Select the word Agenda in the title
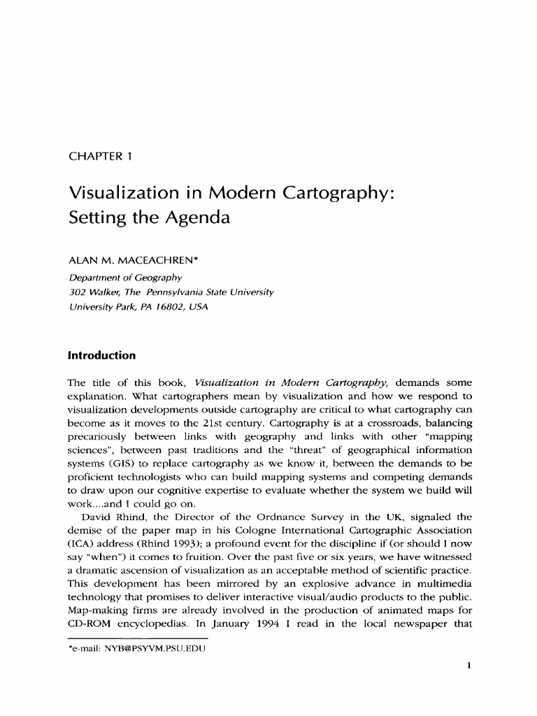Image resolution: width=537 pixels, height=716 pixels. (x=196, y=217)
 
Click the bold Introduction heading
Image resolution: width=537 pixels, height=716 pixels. (x=101, y=356)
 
